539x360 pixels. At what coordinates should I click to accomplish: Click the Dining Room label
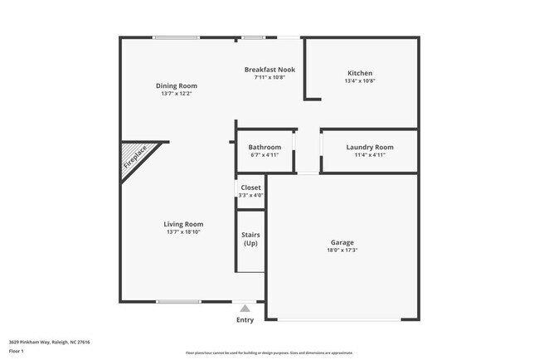coord(177,85)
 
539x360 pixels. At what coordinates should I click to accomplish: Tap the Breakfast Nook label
coord(270,70)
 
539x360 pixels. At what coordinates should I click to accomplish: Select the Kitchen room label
coord(360,73)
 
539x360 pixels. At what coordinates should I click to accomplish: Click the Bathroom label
coord(265,147)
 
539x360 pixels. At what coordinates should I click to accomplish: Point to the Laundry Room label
coord(369,147)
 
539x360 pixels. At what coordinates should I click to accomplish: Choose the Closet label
coord(250,187)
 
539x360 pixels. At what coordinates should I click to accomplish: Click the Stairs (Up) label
coord(250,239)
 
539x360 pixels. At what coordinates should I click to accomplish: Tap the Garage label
coord(342,242)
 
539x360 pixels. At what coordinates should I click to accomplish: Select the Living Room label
coord(183,224)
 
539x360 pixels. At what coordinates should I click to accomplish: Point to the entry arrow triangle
coord(245,308)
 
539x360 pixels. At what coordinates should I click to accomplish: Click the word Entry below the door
coord(245,320)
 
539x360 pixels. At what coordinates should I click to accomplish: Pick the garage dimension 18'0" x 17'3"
coord(342,250)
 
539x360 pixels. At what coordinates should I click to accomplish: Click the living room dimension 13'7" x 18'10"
coord(183,232)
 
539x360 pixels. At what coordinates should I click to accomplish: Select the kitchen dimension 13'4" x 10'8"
coord(360,81)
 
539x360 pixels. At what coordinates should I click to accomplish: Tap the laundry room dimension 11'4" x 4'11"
coord(369,154)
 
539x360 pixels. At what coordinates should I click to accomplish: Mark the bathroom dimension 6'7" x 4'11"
coord(265,154)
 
